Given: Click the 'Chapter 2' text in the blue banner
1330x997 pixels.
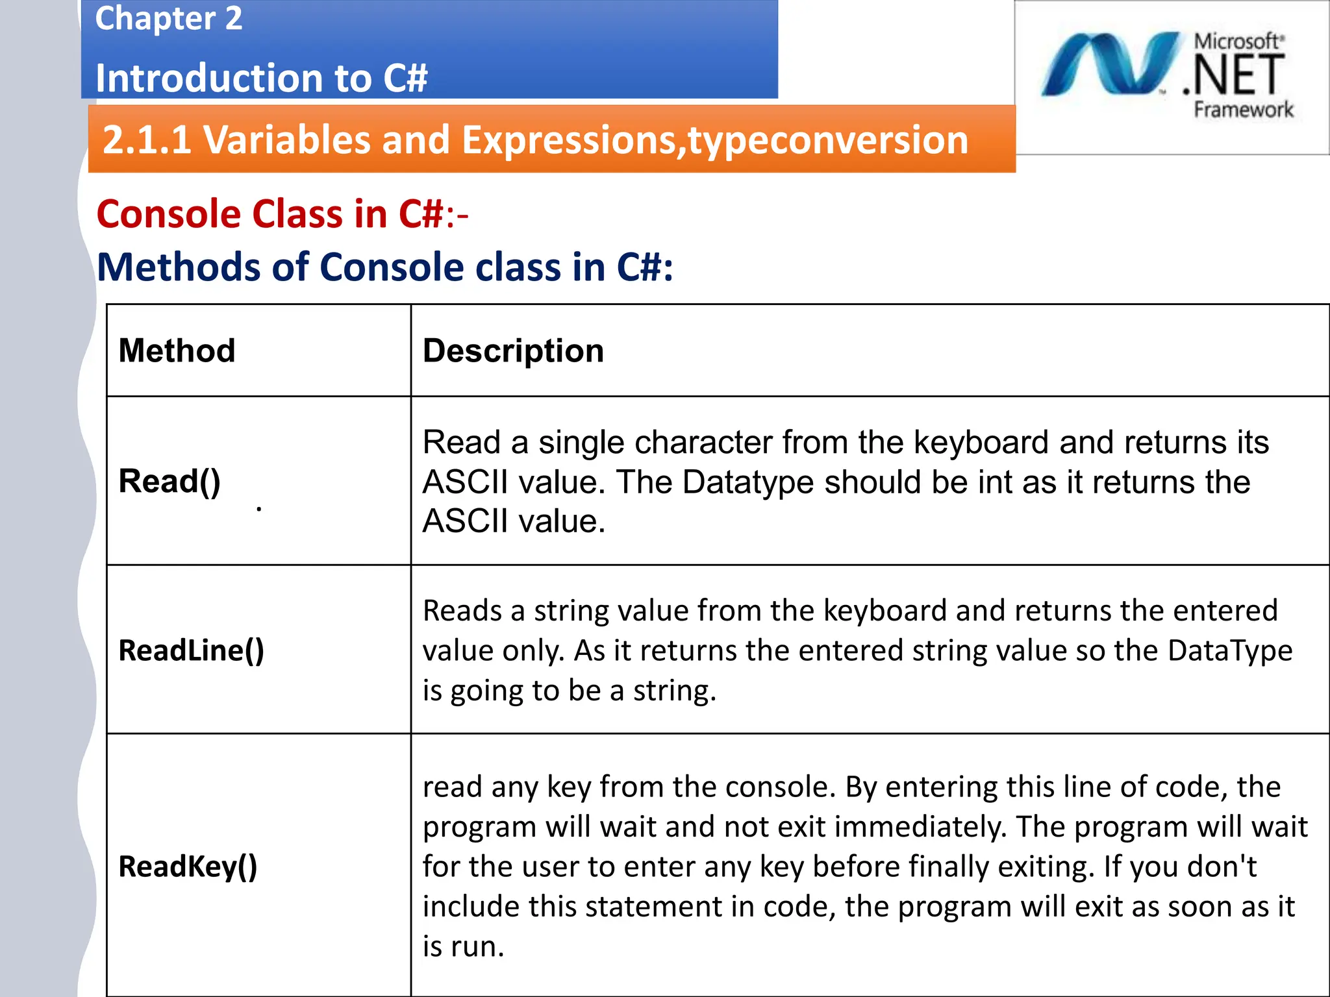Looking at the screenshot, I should point(168,18).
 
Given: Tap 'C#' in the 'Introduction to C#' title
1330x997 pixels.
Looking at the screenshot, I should point(405,79).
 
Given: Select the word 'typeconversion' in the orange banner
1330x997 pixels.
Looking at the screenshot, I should point(828,140).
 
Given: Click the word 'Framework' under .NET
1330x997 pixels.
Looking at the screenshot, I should point(1243,110).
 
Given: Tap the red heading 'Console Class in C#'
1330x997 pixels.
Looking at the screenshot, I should point(270,214).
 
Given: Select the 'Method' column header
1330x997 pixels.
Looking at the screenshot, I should point(177,351).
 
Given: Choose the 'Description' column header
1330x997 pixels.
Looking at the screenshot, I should point(513,351).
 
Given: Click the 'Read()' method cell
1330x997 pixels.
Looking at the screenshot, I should point(169,482).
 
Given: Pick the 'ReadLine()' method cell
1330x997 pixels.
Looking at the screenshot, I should point(191,650).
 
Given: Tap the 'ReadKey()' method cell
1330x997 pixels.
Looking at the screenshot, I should point(188,867).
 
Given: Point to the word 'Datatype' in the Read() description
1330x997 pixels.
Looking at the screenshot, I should point(747,482).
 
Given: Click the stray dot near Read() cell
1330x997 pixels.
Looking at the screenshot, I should point(259,509).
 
